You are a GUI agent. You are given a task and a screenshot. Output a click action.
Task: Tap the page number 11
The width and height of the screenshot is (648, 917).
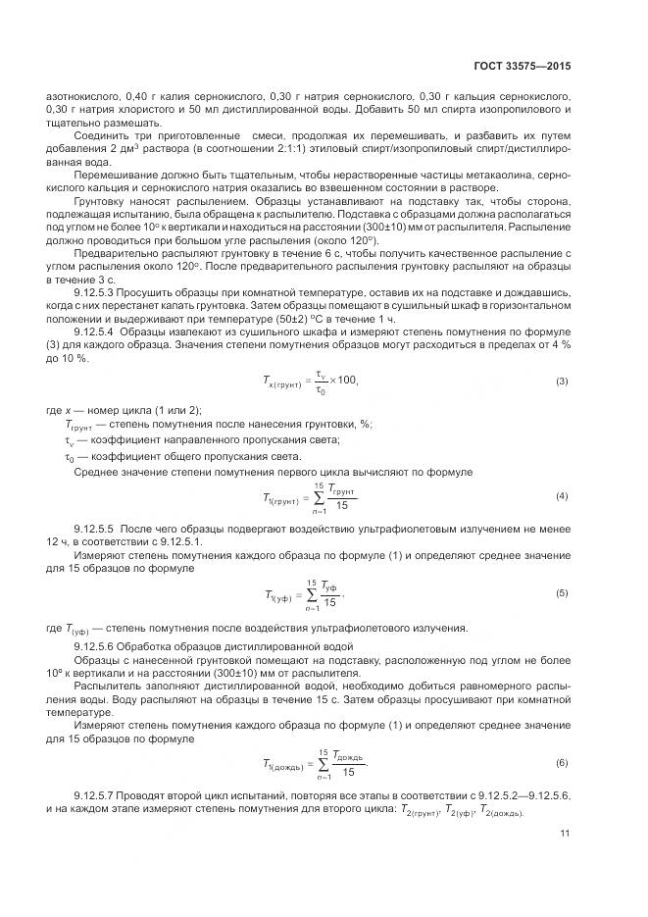coord(565,834)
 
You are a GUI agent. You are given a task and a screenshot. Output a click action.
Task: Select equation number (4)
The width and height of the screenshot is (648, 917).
coord(562,496)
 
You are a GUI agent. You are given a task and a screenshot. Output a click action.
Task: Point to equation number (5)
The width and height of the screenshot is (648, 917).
coord(562,593)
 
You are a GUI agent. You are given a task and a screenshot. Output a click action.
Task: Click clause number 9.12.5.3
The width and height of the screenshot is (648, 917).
coord(100,293)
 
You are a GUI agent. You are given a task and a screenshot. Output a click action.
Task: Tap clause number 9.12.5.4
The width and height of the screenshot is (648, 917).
coord(100,332)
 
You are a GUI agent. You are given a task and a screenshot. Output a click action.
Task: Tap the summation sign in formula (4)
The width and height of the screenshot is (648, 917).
coord(317,497)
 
